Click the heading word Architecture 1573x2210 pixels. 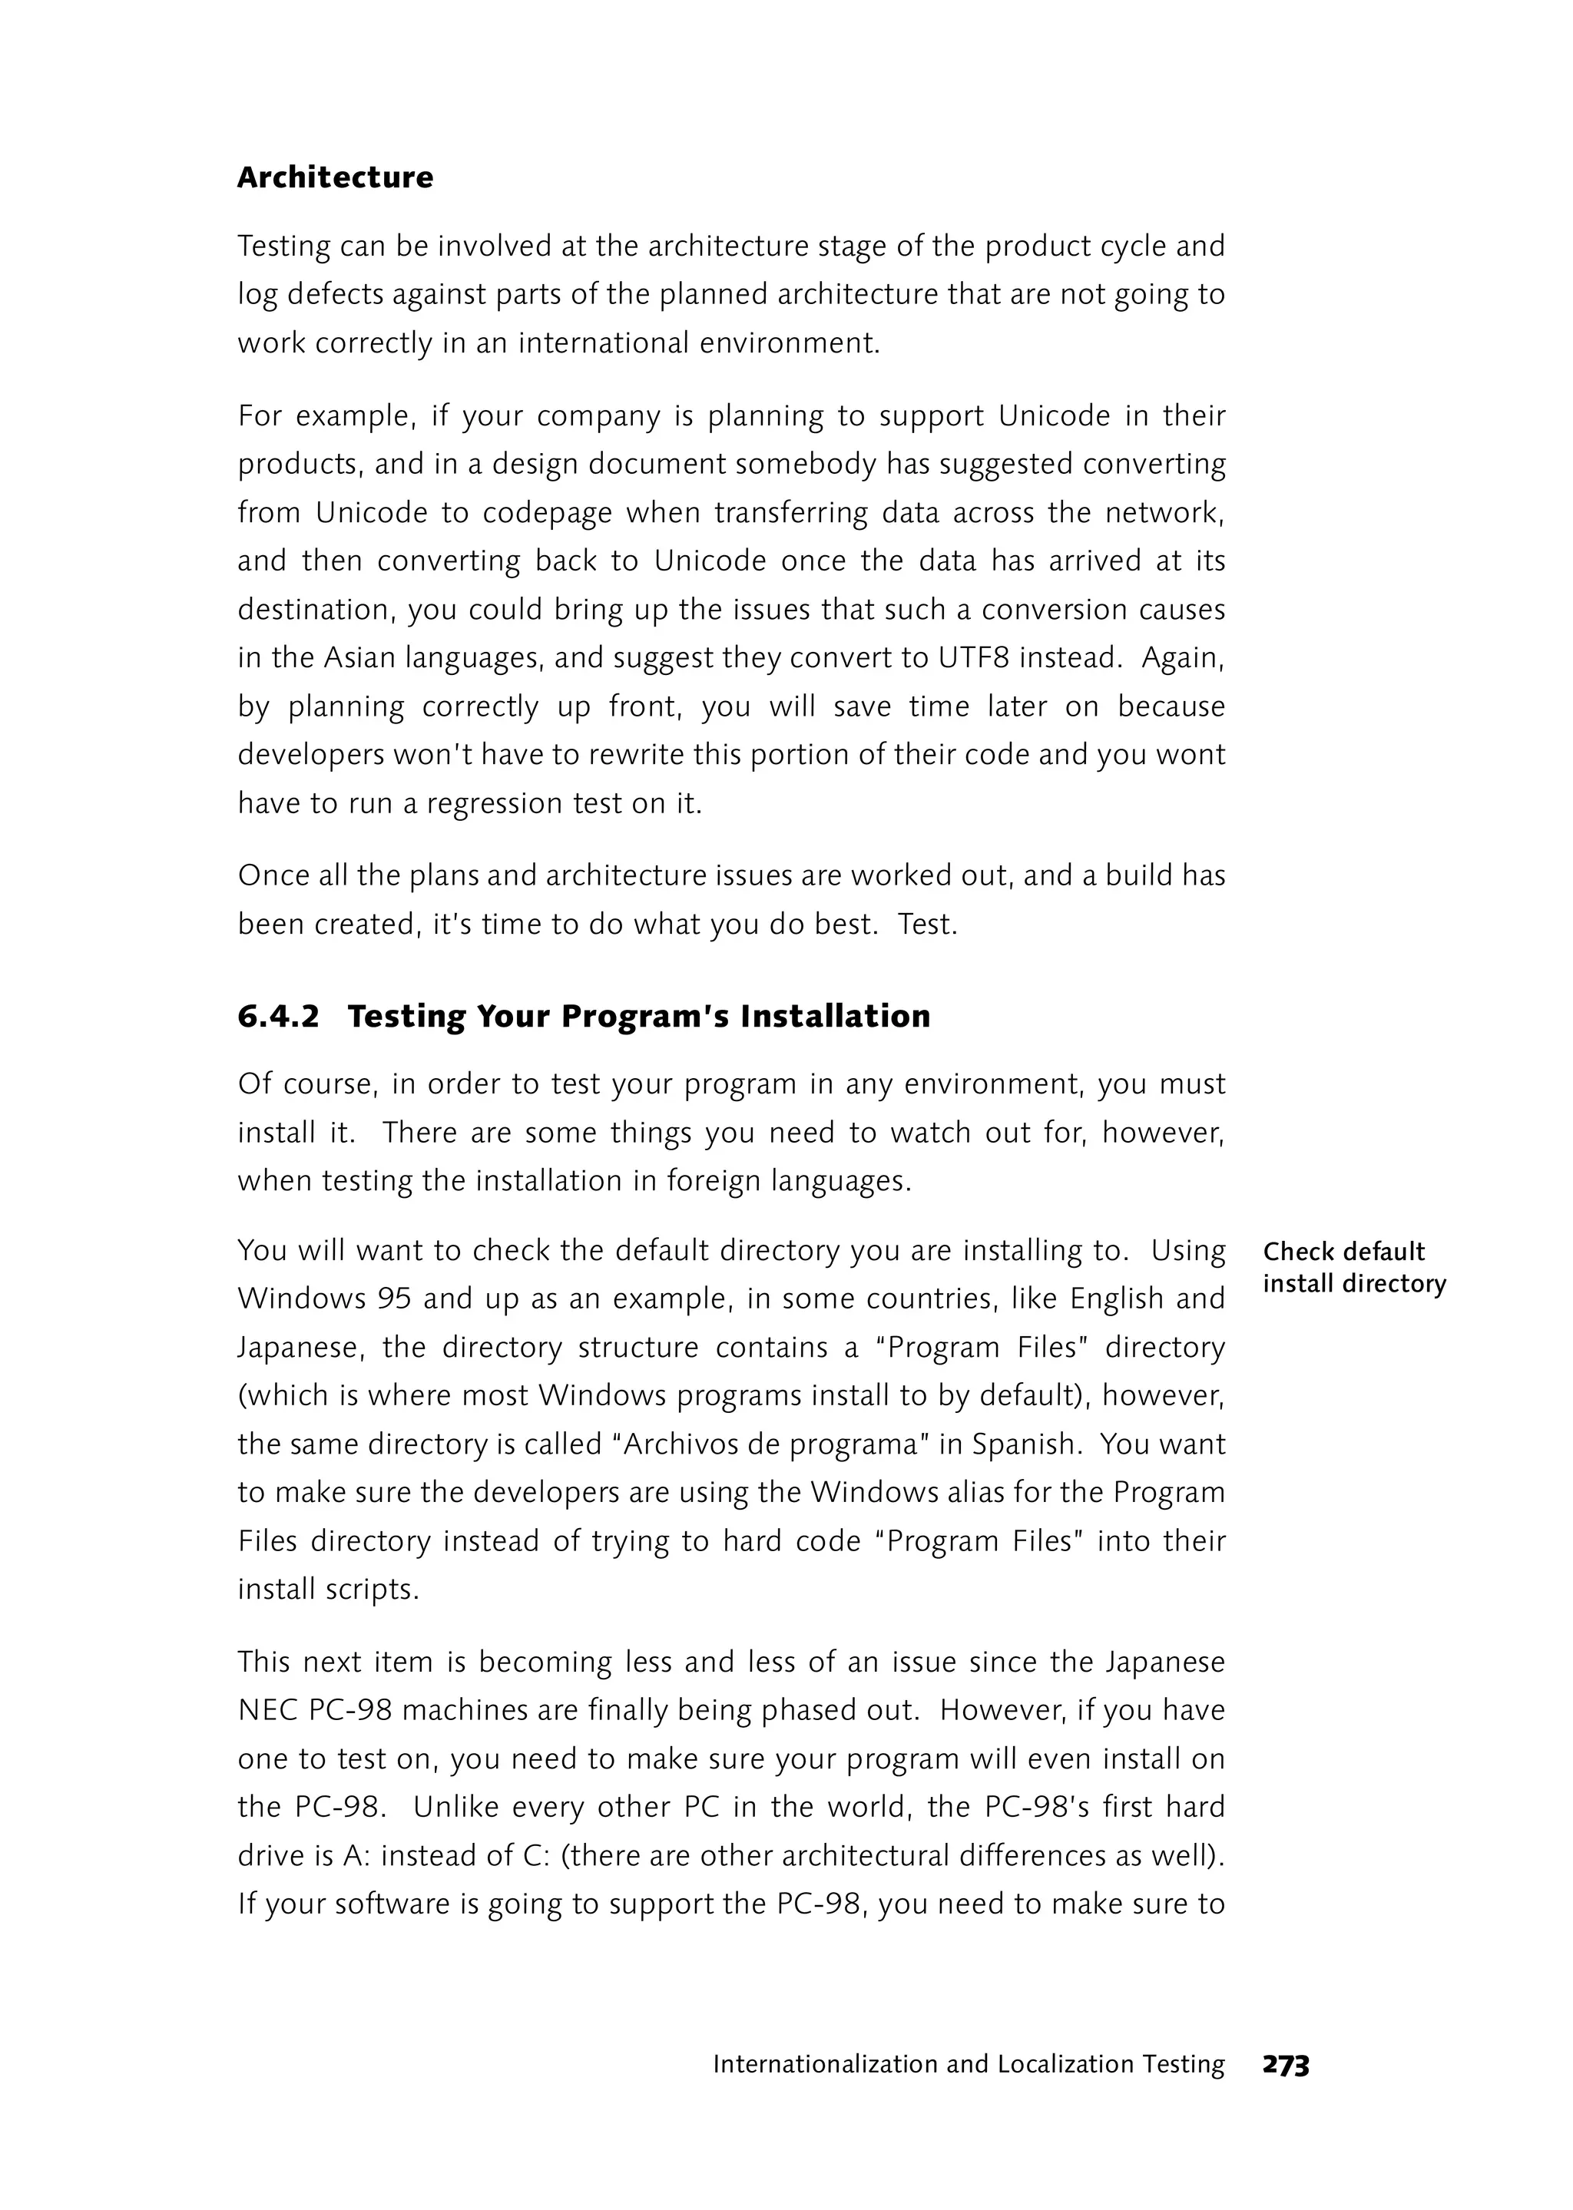[x=335, y=177]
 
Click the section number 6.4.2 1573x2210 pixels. [x=278, y=1016]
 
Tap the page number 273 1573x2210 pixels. [x=1285, y=2065]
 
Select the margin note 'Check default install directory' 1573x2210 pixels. [x=1353, y=1267]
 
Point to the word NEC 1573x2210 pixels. [x=267, y=1710]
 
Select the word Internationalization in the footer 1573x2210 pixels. [x=826, y=2064]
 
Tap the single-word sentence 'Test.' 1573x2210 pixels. [x=927, y=924]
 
